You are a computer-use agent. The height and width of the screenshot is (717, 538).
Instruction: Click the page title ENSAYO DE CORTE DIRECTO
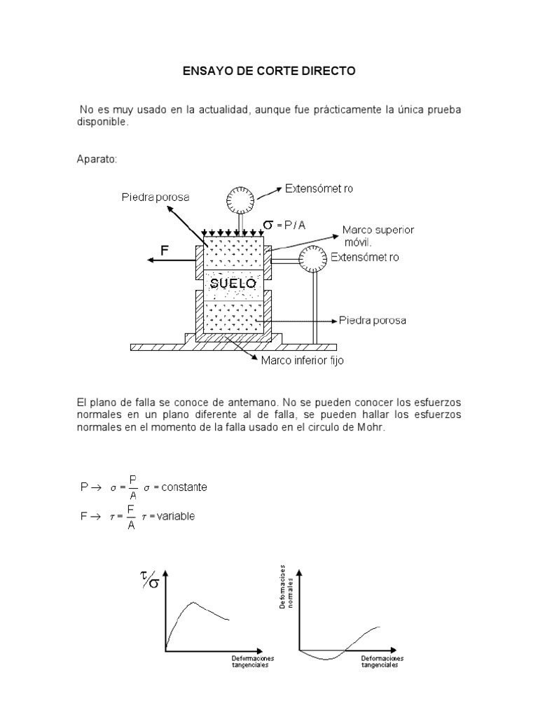(x=270, y=71)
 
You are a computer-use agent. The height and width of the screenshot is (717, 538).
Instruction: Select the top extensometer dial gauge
(x=240, y=201)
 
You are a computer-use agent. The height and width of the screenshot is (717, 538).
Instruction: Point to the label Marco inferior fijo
(x=302, y=362)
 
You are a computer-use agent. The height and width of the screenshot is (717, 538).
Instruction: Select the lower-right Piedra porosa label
(x=372, y=321)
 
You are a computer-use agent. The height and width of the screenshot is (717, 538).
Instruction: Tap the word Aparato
(x=97, y=159)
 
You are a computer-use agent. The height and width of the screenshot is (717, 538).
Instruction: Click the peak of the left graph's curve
(x=193, y=602)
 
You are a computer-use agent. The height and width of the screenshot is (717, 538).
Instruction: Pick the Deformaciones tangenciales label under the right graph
(x=383, y=662)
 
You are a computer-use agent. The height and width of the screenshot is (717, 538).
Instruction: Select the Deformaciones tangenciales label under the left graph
(x=253, y=662)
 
